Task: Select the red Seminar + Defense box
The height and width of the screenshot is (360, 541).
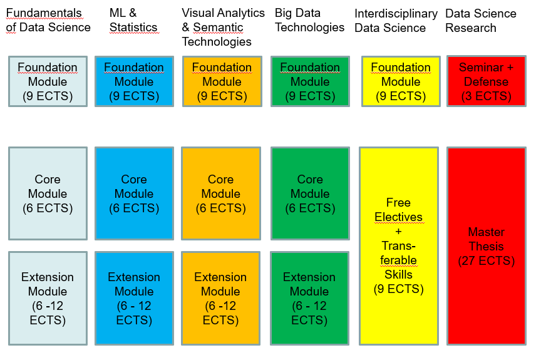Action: [486, 81]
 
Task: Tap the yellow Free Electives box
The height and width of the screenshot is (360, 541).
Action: [398, 246]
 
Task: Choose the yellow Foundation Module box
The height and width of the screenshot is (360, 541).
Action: [401, 81]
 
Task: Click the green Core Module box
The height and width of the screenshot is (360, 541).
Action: [310, 193]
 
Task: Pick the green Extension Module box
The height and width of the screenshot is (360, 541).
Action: [309, 298]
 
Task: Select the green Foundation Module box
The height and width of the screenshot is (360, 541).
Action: [310, 81]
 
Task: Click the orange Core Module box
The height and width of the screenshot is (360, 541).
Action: [220, 193]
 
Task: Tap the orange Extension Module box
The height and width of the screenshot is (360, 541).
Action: [220, 298]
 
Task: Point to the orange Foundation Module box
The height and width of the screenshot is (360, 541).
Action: [222, 81]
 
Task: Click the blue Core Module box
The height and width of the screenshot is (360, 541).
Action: [134, 193]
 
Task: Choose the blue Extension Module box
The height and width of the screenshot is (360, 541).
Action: [134, 298]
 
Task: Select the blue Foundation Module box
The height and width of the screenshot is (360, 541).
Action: [134, 81]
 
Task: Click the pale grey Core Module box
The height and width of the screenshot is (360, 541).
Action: [48, 193]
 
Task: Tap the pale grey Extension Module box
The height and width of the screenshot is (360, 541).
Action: [48, 298]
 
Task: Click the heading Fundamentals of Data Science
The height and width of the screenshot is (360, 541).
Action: [49, 20]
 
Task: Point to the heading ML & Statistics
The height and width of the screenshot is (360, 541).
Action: [133, 20]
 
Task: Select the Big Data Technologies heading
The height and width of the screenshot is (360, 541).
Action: [309, 20]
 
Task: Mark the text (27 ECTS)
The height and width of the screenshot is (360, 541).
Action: [486, 260]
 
